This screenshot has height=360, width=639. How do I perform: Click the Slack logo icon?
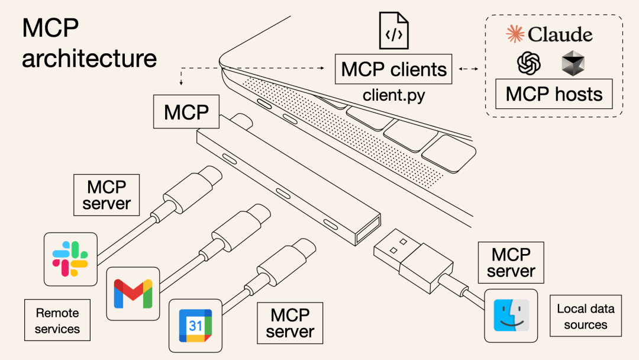point(70,259)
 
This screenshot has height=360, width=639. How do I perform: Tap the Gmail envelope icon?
point(133,293)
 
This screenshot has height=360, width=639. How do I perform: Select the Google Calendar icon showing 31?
point(195,325)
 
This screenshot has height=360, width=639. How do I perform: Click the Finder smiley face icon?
point(511,316)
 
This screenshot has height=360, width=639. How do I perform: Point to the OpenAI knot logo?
point(529,63)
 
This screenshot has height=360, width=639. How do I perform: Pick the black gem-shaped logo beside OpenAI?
point(573,63)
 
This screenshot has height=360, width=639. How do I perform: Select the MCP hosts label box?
point(554,95)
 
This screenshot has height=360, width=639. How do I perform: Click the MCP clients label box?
point(393,69)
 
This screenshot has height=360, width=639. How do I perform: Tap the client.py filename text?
point(393,95)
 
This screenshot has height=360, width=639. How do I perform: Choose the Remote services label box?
point(57,320)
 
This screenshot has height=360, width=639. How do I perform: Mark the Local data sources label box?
point(586,316)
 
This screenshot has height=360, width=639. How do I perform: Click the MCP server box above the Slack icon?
point(106,195)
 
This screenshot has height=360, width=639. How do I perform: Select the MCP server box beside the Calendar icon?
point(290,323)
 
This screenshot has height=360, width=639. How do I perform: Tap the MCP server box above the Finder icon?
point(511,263)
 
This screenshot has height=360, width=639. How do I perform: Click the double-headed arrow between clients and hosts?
point(469,69)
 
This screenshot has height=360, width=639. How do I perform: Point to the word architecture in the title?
point(89,59)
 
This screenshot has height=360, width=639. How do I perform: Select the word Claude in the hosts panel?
point(560,34)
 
